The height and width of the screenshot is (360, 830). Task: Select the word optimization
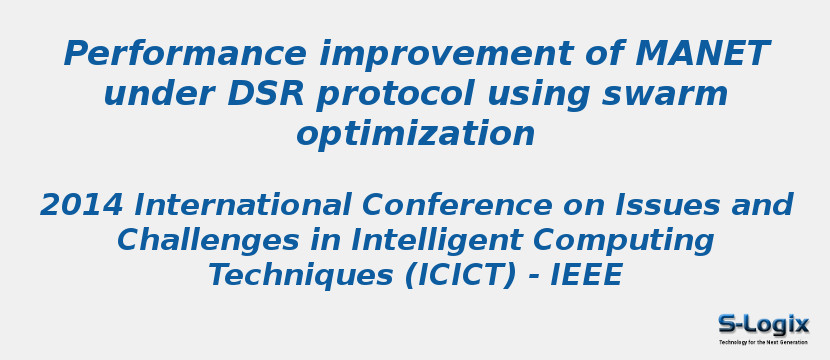point(415,135)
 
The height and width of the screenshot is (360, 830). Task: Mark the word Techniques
point(301,275)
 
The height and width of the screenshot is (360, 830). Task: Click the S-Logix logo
point(763,324)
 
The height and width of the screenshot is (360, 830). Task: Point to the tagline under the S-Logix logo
point(763,342)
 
